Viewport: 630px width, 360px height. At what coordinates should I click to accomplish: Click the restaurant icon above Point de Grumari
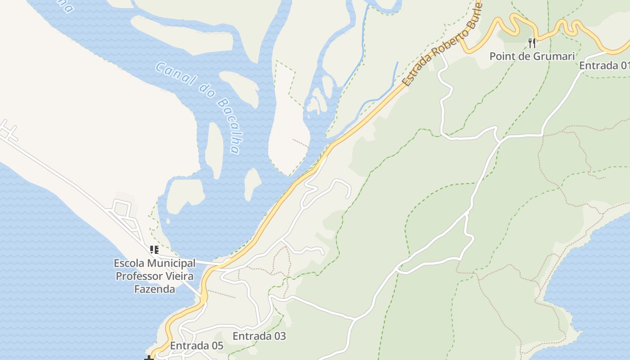532,43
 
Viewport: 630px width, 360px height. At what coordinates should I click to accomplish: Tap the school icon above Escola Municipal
154,250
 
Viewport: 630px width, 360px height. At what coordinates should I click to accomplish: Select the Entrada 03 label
259,336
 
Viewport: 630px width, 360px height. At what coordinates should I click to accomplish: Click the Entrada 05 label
197,346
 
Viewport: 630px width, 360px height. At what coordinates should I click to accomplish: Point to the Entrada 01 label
603,66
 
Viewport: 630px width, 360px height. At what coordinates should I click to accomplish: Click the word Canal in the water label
176,74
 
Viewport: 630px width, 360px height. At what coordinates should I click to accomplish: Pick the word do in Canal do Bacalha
206,91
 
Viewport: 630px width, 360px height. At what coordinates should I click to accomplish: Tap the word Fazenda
155,289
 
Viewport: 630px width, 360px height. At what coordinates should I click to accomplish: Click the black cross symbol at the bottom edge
149,358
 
